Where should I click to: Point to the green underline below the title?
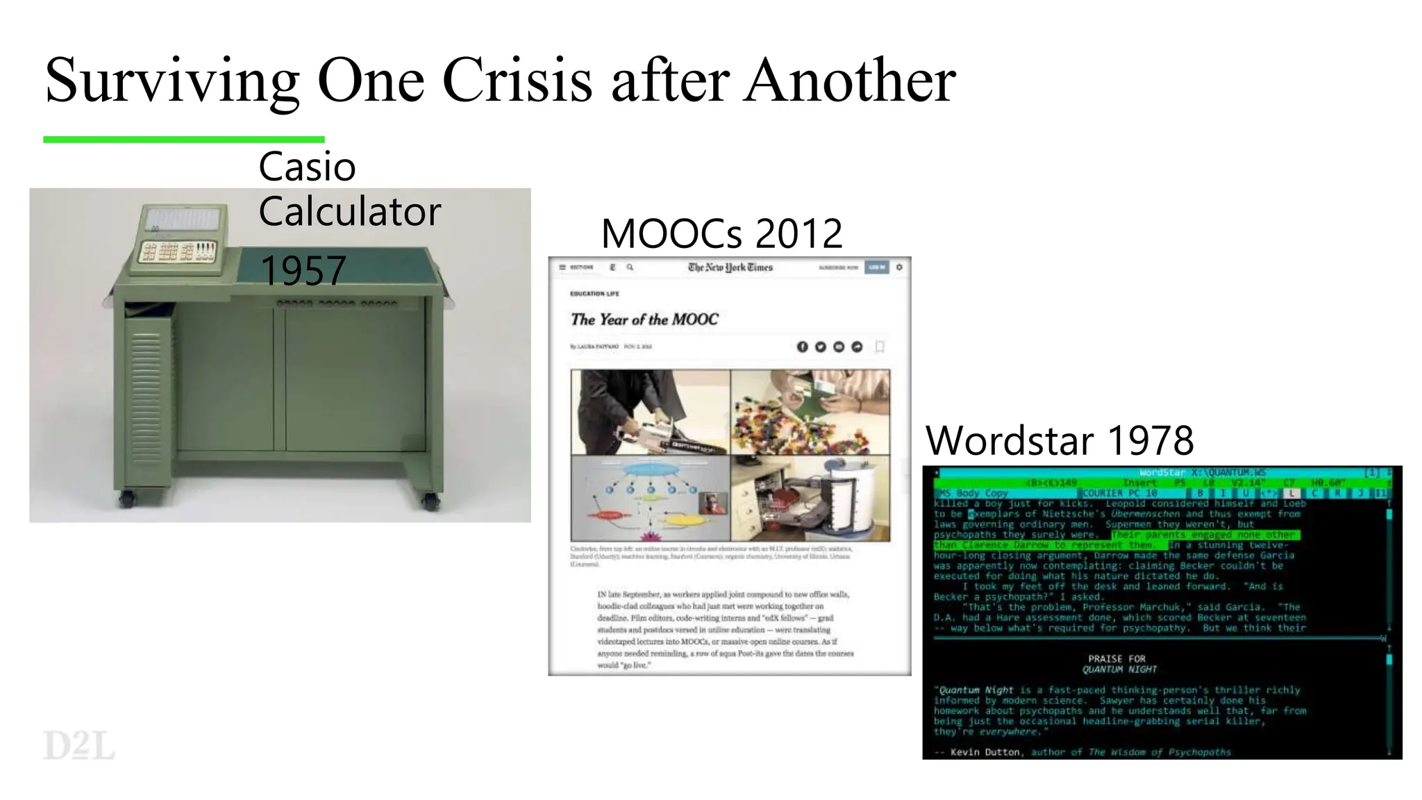pyautogui.click(x=183, y=140)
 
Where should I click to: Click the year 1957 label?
pyautogui.click(x=303, y=271)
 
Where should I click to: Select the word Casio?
pyautogui.click(x=307, y=167)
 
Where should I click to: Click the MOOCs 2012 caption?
pyautogui.click(x=721, y=233)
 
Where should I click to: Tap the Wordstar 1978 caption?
pyautogui.click(x=1060, y=440)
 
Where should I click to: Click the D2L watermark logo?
pyautogui.click(x=78, y=746)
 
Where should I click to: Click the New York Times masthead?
pyautogui.click(x=730, y=267)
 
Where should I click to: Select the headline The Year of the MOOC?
pyautogui.click(x=644, y=319)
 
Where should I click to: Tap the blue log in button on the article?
pyautogui.click(x=876, y=267)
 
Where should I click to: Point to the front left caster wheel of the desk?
pyautogui.click(x=126, y=498)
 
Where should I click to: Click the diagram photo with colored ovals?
pyautogui.click(x=650, y=498)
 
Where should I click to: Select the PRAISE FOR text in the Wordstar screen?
pyautogui.click(x=1116, y=658)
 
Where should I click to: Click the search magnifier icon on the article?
pyautogui.click(x=630, y=267)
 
